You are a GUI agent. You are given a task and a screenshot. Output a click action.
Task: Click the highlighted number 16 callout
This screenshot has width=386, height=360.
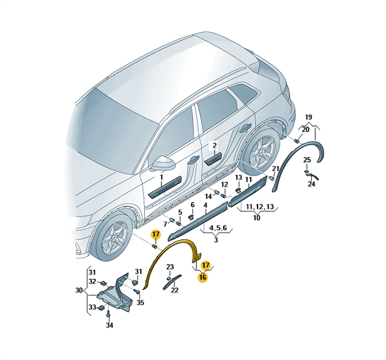click(204, 277)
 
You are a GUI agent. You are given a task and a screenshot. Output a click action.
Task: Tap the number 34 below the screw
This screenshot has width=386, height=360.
click(109, 325)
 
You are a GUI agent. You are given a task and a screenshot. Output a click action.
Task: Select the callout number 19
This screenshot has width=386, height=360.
click(309, 117)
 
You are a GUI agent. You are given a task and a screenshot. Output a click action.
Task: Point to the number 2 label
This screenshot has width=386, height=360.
click(214, 145)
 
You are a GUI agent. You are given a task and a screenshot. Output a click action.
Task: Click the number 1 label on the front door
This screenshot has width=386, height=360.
click(161, 177)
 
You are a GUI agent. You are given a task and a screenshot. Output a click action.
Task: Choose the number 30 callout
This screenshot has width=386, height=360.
click(79, 290)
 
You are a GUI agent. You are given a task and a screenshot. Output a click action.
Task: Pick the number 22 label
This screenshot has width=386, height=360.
click(175, 290)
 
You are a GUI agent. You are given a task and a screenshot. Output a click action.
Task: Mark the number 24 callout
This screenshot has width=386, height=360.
click(312, 184)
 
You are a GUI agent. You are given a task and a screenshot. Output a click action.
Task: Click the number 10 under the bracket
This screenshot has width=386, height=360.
click(256, 218)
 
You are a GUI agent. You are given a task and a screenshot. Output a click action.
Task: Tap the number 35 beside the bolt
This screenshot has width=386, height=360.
click(140, 302)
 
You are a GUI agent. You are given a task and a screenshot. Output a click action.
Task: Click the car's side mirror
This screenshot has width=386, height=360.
click(163, 163)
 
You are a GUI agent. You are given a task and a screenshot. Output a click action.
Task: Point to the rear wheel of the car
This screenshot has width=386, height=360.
click(260, 152)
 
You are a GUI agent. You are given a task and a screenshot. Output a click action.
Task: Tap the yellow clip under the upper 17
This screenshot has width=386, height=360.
click(155, 246)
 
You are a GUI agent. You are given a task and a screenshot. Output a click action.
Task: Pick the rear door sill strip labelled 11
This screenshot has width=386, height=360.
click(247, 191)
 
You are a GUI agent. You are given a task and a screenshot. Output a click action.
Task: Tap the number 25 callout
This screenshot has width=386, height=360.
click(307, 160)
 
